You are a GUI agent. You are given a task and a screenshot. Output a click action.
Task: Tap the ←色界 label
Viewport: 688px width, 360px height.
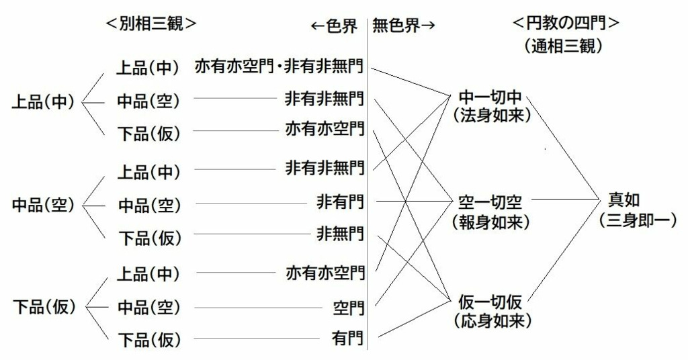click(x=333, y=26)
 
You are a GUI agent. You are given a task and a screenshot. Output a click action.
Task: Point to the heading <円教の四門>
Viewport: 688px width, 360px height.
click(x=565, y=23)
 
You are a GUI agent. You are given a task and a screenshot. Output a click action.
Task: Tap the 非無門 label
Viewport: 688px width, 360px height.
click(x=341, y=234)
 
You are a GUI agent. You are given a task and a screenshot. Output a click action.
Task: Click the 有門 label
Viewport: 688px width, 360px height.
click(x=349, y=339)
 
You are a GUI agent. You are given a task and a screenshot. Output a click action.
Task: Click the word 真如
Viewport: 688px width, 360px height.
click(x=624, y=199)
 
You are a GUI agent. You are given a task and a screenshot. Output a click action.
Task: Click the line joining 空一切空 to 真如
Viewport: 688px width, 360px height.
click(x=564, y=199)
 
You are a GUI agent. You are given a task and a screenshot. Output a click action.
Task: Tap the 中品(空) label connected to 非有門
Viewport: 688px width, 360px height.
click(x=149, y=204)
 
